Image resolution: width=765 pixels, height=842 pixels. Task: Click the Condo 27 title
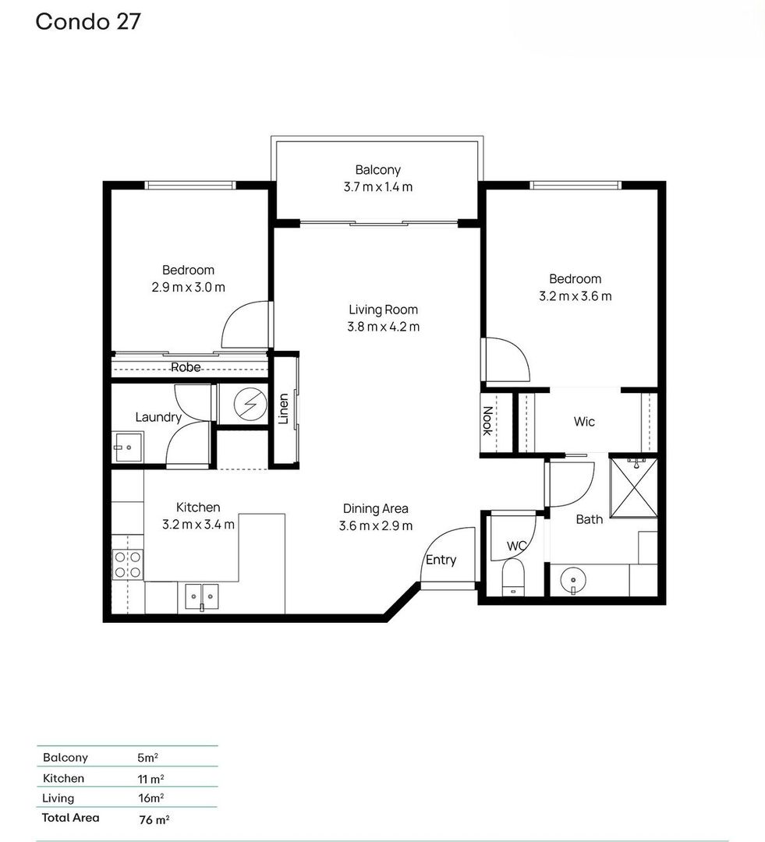[88, 22]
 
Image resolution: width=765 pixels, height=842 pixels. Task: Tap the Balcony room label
[378, 170]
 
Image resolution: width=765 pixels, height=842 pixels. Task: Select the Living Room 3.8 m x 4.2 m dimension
[383, 327]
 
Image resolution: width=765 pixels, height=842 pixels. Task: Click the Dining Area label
[376, 508]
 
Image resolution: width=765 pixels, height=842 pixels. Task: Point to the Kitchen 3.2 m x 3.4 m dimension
[198, 524]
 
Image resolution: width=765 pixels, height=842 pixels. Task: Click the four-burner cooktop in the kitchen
[128, 564]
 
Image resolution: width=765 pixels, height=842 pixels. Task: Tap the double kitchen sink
[201, 597]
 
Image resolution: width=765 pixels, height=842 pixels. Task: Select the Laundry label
[158, 417]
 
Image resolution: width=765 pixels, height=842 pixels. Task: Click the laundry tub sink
[128, 447]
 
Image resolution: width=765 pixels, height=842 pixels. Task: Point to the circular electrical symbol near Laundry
[250, 403]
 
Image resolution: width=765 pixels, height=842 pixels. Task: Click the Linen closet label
[283, 409]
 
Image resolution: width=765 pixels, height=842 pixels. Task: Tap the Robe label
[186, 367]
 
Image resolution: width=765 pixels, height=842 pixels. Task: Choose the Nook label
[487, 421]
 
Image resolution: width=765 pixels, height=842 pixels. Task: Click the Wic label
[584, 422]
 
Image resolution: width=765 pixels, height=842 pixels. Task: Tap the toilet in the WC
[513, 577]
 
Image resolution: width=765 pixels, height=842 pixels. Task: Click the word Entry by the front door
[441, 560]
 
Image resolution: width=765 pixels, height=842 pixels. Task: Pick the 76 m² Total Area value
[154, 819]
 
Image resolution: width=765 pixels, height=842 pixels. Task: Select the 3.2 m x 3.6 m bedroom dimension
[576, 296]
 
